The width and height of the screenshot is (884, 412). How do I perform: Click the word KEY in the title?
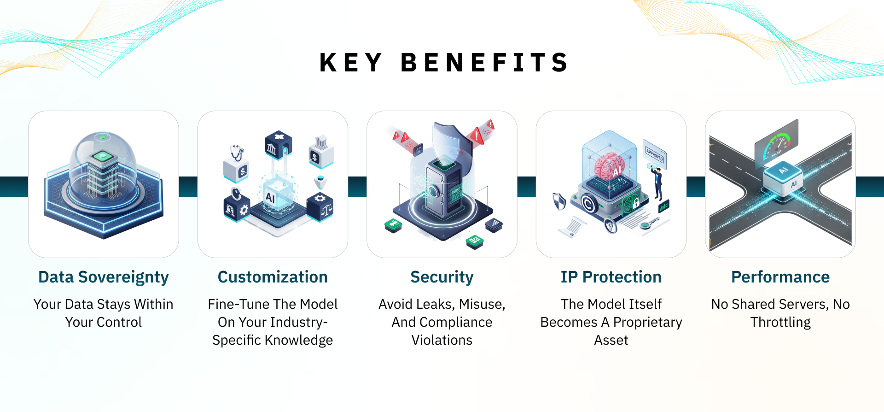click(350, 63)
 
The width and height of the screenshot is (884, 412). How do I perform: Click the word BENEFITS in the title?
click(485, 63)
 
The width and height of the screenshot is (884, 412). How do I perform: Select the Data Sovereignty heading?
click(104, 277)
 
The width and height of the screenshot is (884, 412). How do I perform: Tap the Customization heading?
click(273, 277)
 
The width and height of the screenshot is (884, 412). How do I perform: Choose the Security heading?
click(442, 277)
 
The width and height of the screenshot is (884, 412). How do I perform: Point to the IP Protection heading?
click(611, 277)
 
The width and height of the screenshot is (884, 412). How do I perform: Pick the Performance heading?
click(780, 277)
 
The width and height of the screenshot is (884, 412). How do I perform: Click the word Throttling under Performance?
click(780, 322)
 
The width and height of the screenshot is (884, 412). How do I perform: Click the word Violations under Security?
click(442, 340)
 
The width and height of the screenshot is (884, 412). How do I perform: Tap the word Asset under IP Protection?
click(611, 340)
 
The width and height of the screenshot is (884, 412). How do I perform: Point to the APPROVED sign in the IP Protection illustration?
click(654, 154)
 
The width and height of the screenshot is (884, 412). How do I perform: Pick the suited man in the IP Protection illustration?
click(657, 182)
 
